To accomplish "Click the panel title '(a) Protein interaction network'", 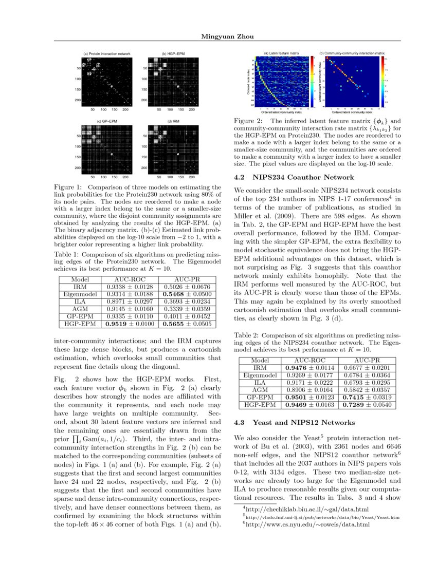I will pyautogui.click(x=107, y=54).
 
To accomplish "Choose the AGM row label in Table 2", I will pyautogui.click(x=260, y=390).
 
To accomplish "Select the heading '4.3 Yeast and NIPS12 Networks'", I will pyautogui.click(x=294, y=422).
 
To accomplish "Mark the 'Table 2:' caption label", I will pyautogui.click(x=246, y=335).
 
